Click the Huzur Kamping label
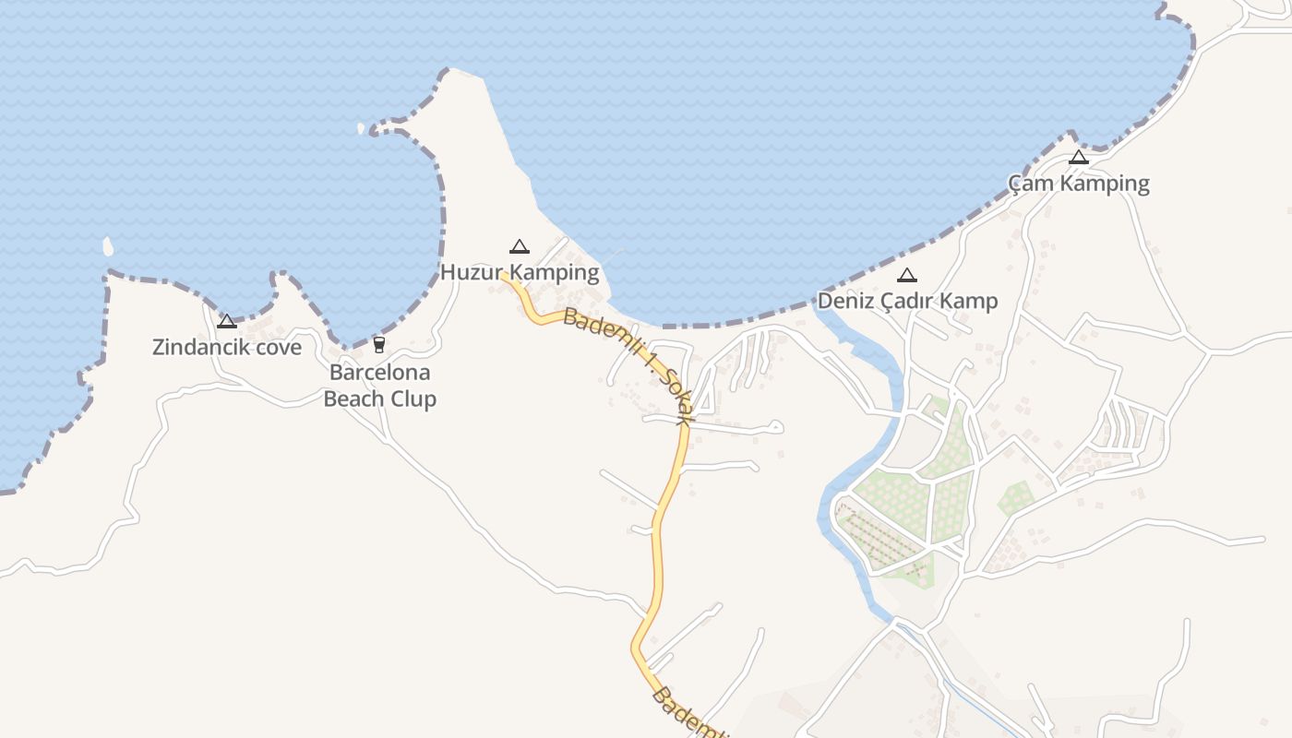pos(520,272)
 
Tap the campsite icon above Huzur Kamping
pos(520,246)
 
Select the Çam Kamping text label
pos(1078,183)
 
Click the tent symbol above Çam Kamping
pos(1078,158)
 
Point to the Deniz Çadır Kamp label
pos(907,301)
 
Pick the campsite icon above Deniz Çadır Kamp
pos(907,275)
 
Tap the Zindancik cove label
pos(227,347)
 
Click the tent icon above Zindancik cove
pos(227,321)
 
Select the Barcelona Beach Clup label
pos(379,386)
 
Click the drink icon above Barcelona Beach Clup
pos(378,345)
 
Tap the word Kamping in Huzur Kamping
pos(555,272)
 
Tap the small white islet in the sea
pos(108,246)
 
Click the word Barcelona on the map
pos(379,373)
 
